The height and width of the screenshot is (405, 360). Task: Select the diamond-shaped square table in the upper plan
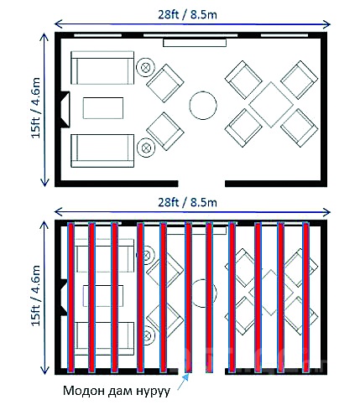[271, 105]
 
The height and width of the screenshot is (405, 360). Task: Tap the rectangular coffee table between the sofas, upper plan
[103, 108]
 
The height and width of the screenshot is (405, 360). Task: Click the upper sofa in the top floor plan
[102, 67]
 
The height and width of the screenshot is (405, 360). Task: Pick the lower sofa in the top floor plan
[102, 151]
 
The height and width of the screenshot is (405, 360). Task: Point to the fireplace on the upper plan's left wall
[65, 109]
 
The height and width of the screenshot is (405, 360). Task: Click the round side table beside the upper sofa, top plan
[145, 67]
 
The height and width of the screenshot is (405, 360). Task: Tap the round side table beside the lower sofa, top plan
[146, 148]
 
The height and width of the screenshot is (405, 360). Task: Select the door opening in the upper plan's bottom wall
[201, 184]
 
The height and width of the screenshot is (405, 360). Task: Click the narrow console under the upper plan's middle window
[195, 43]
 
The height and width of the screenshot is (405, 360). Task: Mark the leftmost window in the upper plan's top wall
[97, 35]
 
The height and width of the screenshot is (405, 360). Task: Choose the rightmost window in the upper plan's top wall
[284, 35]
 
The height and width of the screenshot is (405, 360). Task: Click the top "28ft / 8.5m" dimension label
[187, 14]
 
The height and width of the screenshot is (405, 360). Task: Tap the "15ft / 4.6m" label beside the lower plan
[36, 295]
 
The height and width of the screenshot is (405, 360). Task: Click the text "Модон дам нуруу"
[117, 391]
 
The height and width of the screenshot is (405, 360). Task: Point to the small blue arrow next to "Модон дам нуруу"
[183, 382]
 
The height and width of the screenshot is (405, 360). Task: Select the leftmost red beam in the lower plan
[71, 298]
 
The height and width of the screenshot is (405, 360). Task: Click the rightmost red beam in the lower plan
[306, 298]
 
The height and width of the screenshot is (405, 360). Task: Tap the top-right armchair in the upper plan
[299, 80]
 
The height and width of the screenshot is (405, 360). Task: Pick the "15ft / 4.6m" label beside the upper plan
[36, 107]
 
